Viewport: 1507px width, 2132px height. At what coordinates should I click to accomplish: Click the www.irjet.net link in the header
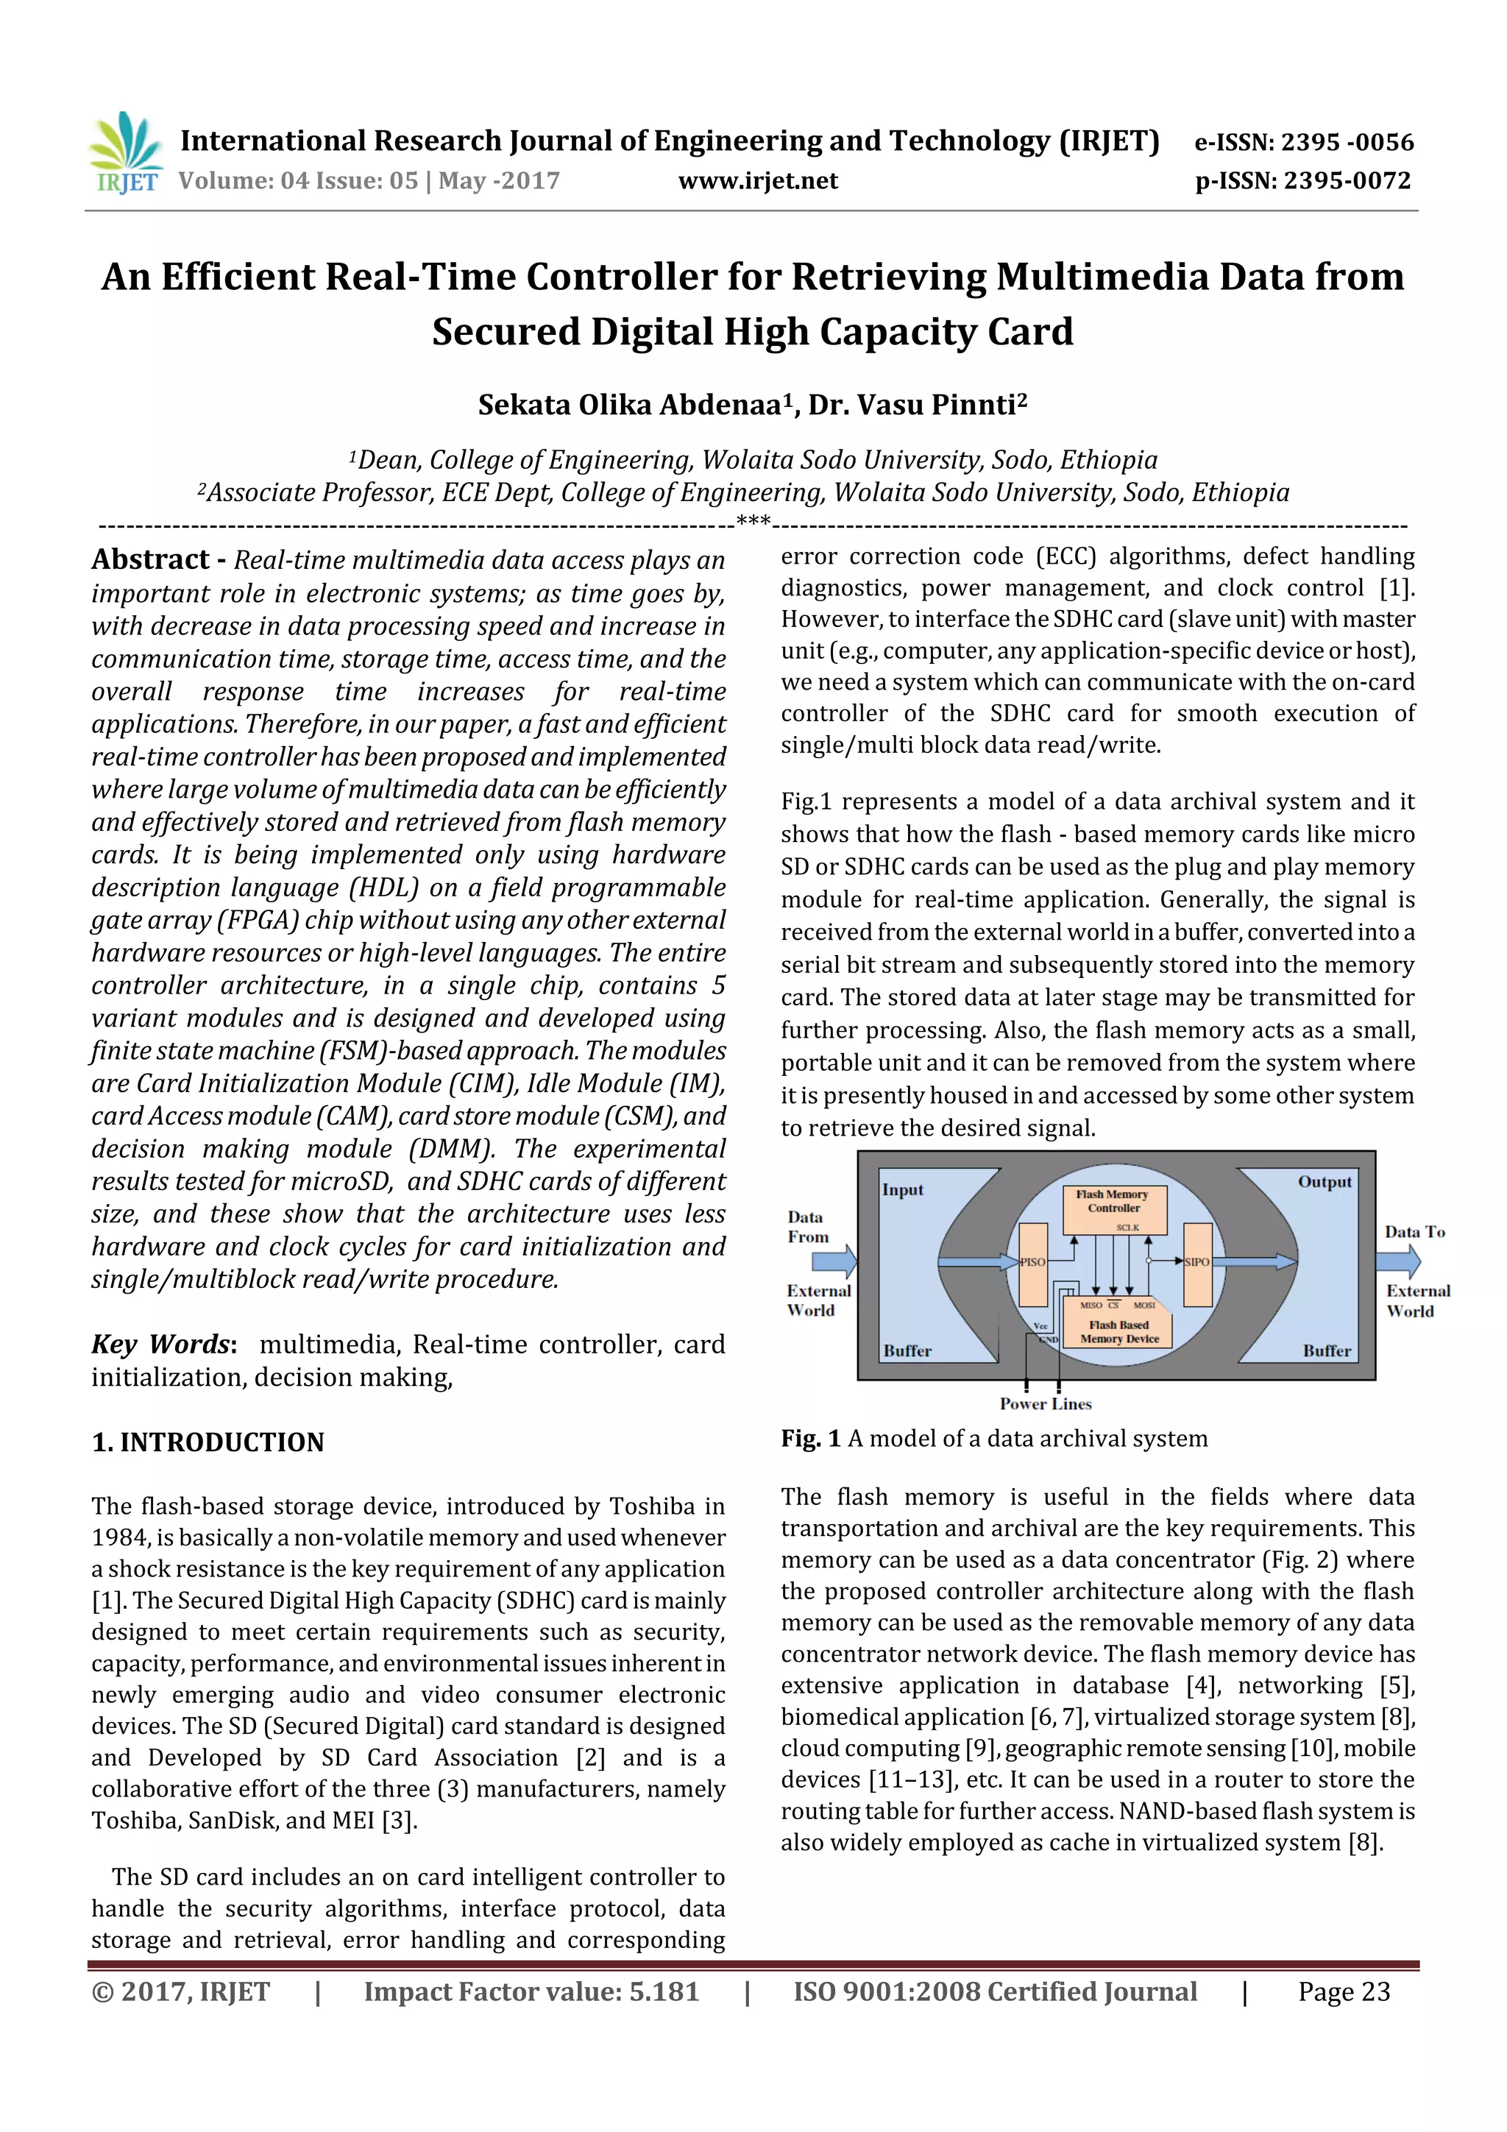point(758,180)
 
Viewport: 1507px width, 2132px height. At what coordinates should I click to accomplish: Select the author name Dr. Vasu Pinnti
point(915,405)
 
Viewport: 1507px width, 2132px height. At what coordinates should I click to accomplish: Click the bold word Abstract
point(150,560)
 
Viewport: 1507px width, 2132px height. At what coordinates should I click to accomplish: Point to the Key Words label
point(163,1344)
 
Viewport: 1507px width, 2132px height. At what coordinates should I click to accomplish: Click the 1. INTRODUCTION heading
point(208,1442)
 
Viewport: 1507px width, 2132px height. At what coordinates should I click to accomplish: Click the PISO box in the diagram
point(1032,1263)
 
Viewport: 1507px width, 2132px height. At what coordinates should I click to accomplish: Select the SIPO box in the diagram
point(1197,1263)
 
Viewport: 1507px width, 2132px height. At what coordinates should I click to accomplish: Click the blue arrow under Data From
point(833,1261)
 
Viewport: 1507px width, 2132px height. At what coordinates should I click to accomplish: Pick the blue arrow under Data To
point(1398,1261)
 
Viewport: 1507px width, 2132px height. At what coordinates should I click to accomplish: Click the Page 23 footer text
point(1344,1991)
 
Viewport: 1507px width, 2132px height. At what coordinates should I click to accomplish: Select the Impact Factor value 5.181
point(664,1991)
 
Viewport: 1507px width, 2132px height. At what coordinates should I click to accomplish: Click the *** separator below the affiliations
point(753,522)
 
